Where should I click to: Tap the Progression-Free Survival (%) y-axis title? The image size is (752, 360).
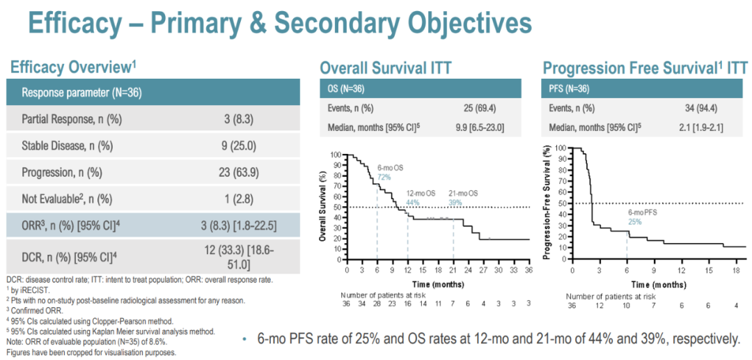tap(547, 203)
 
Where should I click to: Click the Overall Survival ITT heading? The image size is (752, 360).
tap(385, 68)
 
